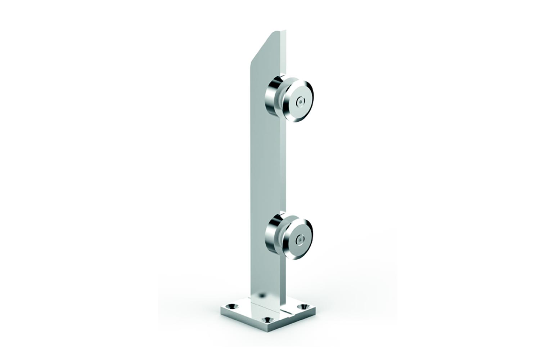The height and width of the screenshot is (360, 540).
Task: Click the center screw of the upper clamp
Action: tap(299, 103)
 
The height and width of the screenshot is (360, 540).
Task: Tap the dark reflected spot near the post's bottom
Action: tap(262, 295)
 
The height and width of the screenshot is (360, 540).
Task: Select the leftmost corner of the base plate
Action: tap(221, 308)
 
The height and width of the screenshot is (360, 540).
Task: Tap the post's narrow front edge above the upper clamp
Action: tap(286, 54)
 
